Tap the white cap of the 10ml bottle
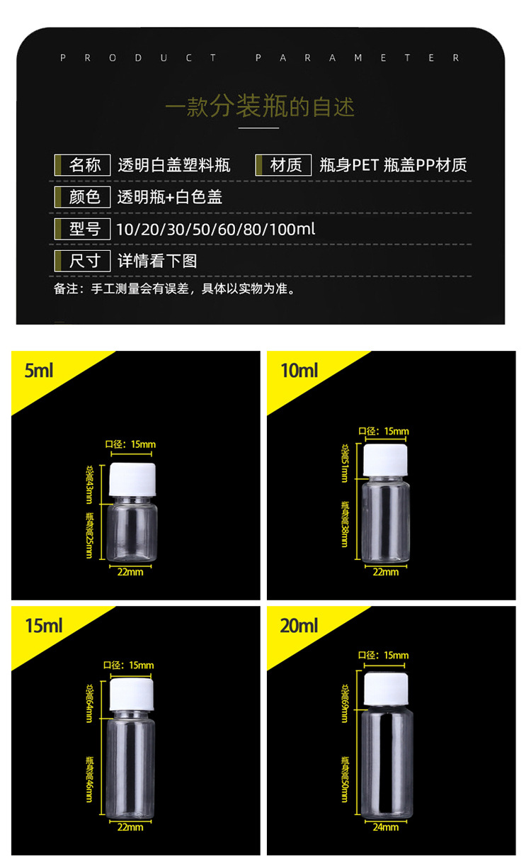click(x=387, y=461)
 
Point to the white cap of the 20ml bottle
click(x=386, y=688)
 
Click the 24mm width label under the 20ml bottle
click(x=386, y=826)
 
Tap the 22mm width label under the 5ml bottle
click(x=130, y=571)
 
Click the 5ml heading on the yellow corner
click(x=39, y=370)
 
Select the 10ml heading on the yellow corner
click(x=299, y=370)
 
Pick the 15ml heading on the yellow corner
click(x=44, y=625)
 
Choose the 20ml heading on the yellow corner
click(x=299, y=625)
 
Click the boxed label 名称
click(x=85, y=165)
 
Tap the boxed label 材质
click(x=286, y=165)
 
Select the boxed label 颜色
click(x=85, y=196)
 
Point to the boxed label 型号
click(x=85, y=228)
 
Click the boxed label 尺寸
click(x=85, y=260)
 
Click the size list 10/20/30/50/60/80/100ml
click(x=216, y=229)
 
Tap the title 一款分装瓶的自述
click(x=260, y=108)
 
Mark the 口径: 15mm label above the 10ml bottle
click(x=384, y=431)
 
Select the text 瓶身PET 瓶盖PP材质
click(x=393, y=166)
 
